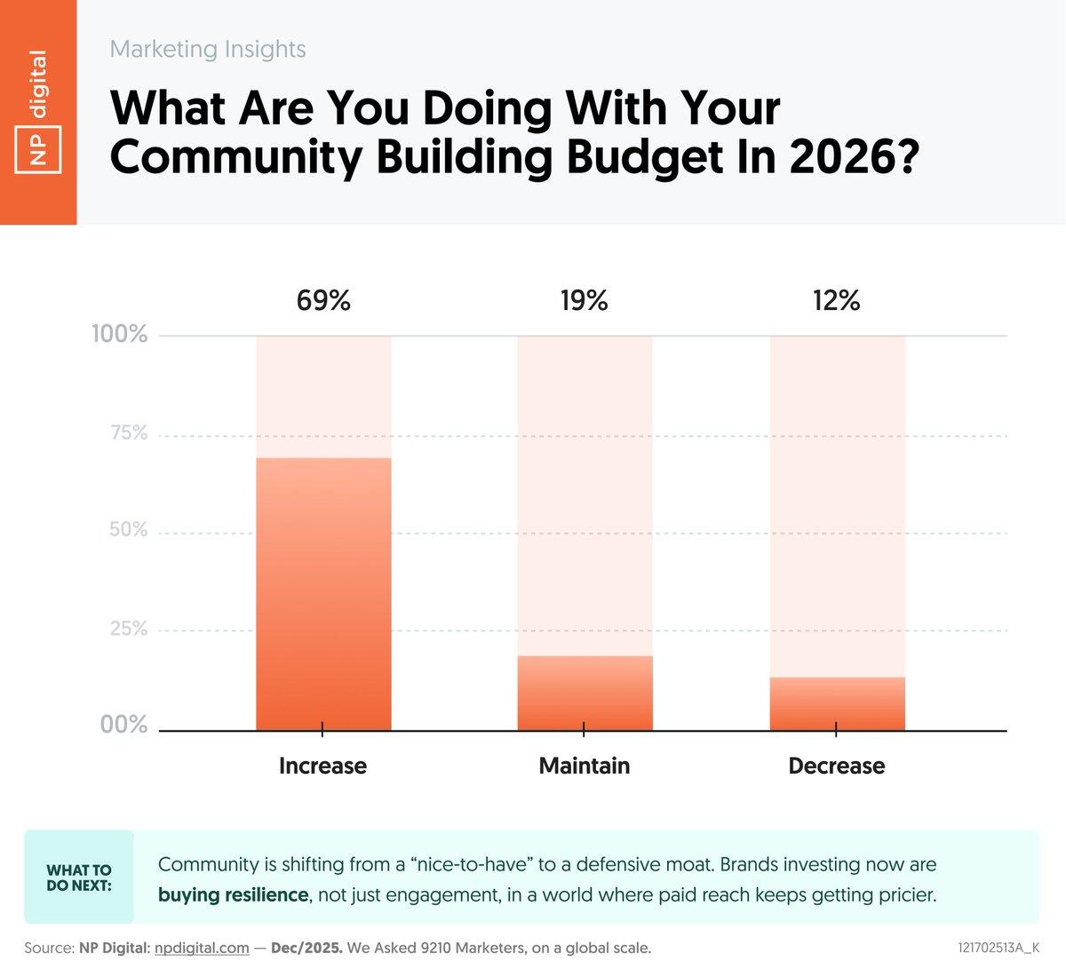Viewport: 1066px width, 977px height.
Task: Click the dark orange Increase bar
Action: tap(323, 594)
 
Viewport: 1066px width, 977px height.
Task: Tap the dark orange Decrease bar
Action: tap(837, 703)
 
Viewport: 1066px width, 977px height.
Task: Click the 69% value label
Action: tap(323, 301)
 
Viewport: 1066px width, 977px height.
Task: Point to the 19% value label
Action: tap(584, 301)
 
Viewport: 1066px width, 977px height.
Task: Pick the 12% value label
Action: tap(836, 301)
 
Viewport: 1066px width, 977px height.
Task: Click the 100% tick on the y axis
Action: tap(120, 335)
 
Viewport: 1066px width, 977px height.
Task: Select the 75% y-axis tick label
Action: tap(128, 433)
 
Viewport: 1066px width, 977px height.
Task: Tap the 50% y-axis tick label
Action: tap(128, 530)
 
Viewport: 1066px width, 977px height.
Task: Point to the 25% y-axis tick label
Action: tap(128, 630)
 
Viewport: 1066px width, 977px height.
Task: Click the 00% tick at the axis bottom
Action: tap(123, 725)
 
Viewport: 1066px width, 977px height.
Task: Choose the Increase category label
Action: tap(322, 766)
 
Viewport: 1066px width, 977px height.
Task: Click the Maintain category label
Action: tap(584, 766)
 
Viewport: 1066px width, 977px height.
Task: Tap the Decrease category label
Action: tap(836, 766)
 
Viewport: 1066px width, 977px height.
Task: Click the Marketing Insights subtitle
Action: tap(208, 50)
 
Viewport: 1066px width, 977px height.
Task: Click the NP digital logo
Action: tap(38, 112)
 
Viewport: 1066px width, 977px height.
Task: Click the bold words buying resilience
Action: tap(233, 894)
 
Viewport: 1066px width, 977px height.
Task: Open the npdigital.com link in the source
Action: tap(202, 949)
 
